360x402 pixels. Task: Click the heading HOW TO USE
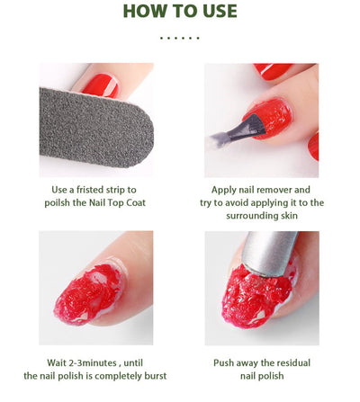point(179,12)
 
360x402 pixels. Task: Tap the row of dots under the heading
point(179,38)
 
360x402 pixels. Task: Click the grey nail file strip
point(90,126)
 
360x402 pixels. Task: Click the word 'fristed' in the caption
point(96,190)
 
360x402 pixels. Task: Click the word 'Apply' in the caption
point(226,190)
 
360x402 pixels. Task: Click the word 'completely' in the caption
point(112,375)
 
